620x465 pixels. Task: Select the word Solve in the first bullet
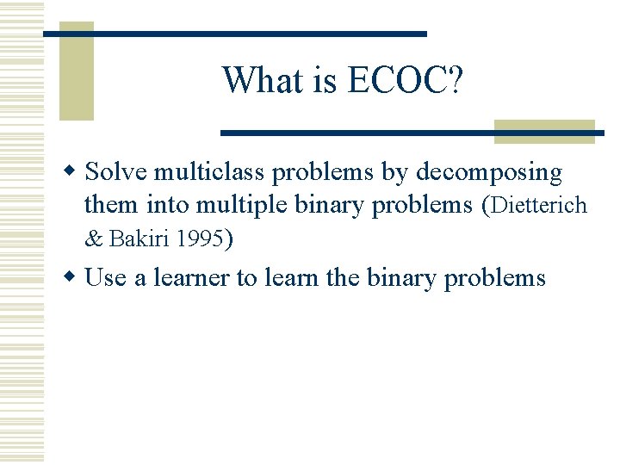[116, 172]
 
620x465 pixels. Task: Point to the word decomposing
[488, 172]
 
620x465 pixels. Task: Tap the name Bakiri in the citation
[139, 239]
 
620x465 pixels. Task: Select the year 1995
[198, 239]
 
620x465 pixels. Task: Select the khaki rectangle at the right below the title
[544, 131]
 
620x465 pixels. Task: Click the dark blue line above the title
[234, 34]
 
